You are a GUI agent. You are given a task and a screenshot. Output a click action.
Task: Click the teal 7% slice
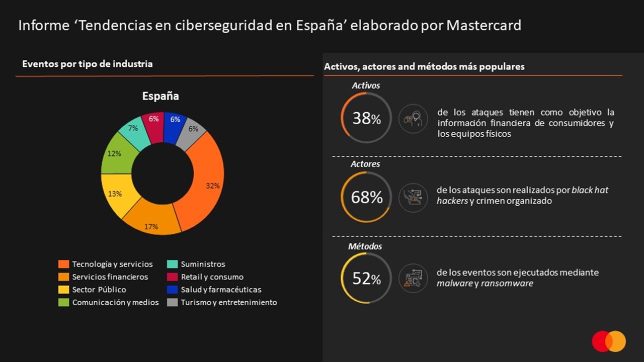point(134,130)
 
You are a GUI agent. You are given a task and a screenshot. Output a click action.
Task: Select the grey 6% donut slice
point(193,130)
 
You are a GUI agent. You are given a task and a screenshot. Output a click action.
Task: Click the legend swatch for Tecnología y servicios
point(63,264)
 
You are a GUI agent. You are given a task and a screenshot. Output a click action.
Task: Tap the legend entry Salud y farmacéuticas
point(221,290)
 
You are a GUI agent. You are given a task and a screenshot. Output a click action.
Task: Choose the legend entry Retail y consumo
point(212,277)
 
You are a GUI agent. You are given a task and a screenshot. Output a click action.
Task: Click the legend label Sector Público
point(99,290)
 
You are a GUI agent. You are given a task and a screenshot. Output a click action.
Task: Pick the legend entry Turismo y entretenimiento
point(228,302)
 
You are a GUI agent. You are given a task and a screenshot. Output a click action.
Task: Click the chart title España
point(160,96)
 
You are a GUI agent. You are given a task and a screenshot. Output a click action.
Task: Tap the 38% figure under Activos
point(366,119)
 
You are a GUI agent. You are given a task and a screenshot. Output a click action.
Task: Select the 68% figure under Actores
point(367,198)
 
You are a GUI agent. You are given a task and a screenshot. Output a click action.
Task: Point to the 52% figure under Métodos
point(366,278)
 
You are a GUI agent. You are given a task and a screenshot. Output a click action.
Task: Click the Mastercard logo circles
point(609,341)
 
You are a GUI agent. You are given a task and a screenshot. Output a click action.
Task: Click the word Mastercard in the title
point(484,25)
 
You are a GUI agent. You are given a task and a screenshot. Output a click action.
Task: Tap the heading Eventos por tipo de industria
point(88,64)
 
